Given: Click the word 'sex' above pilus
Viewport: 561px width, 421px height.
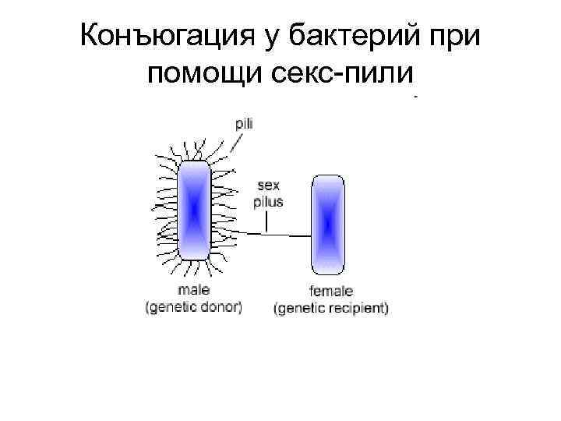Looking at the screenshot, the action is (x=269, y=187).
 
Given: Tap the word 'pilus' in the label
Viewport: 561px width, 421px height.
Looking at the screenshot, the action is (x=269, y=201).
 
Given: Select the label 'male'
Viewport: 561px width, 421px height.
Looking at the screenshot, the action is (x=193, y=291).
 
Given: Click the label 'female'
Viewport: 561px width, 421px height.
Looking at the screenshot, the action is (x=330, y=292).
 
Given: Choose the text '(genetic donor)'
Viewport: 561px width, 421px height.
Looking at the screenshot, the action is (x=194, y=306).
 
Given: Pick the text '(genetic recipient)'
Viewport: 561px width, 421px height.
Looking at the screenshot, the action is (x=331, y=308).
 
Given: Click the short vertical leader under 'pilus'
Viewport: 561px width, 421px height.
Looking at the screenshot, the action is (x=266, y=222).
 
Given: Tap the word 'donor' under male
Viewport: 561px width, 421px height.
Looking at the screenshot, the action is (x=221, y=306).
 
